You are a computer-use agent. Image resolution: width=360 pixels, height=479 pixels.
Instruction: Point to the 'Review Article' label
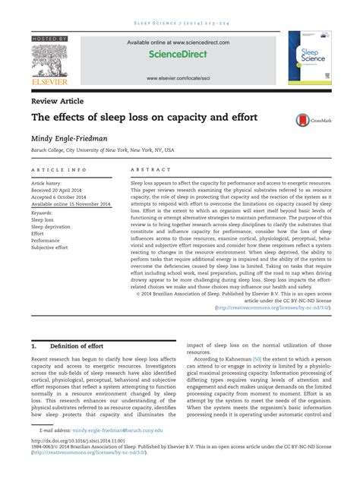[57, 101]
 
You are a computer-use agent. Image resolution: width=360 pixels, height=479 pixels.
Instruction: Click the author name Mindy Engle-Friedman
[69, 140]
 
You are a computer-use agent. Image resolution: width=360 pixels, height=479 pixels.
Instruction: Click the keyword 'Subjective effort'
[49, 247]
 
